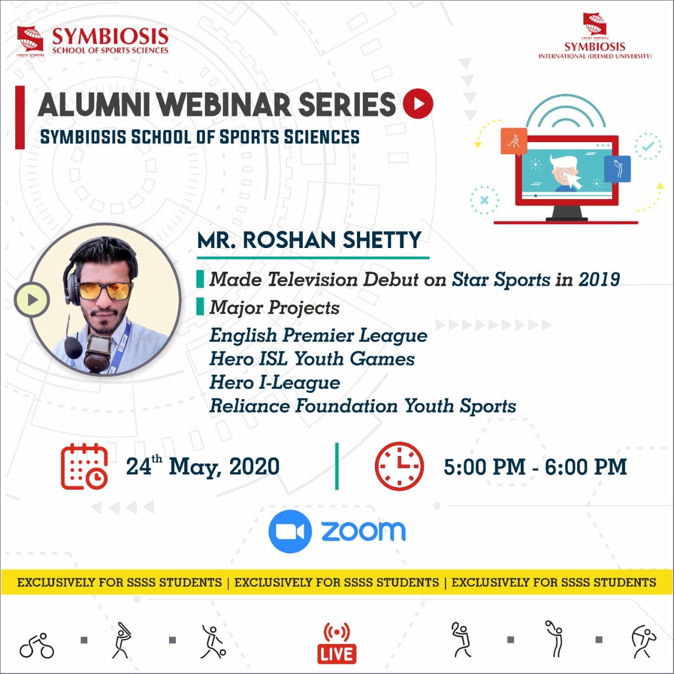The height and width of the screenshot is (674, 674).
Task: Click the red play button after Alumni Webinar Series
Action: (x=418, y=104)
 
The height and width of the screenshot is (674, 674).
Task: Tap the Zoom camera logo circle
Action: (x=290, y=531)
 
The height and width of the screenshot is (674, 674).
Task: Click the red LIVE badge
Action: (x=337, y=653)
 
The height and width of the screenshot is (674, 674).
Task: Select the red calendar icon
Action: (x=84, y=467)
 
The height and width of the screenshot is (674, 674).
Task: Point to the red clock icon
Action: (x=399, y=466)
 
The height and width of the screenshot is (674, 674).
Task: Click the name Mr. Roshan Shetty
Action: (x=309, y=240)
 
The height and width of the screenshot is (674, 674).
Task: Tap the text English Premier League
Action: (x=318, y=336)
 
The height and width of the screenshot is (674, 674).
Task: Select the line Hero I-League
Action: (x=274, y=383)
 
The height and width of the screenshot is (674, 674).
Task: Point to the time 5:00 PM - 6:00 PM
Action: (x=535, y=467)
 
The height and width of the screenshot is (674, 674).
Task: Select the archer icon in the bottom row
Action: (x=643, y=642)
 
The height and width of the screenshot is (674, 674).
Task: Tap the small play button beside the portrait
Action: (x=32, y=300)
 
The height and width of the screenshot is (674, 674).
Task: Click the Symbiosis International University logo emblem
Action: (x=594, y=24)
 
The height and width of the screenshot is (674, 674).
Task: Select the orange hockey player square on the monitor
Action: (x=514, y=141)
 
